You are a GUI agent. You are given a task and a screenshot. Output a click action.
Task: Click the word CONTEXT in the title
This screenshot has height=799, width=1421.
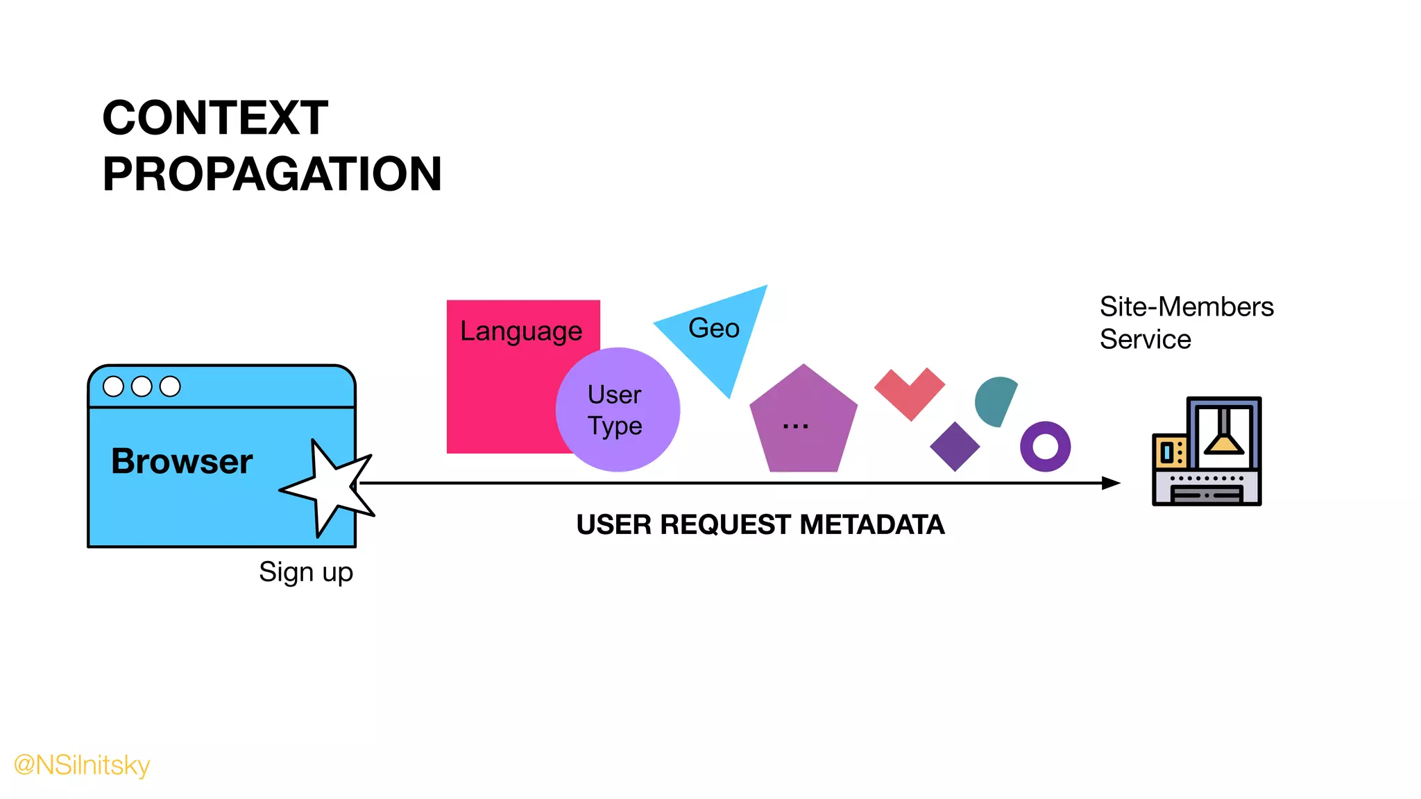pos(215,118)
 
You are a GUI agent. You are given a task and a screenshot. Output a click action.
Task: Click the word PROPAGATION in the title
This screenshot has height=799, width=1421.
pos(272,174)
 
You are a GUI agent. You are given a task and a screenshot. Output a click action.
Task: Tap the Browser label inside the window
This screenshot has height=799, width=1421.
pos(182,461)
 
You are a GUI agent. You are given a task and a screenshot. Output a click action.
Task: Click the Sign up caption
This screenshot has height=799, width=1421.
pos(306,572)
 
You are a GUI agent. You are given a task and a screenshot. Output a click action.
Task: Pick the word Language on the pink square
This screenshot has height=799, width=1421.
pos(521,332)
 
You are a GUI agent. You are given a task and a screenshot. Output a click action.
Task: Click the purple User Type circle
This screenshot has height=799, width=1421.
pos(617,410)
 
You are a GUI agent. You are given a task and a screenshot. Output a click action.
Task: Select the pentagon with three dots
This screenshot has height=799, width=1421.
pos(803,423)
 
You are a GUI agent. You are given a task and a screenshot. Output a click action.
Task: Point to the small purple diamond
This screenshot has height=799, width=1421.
pos(955,447)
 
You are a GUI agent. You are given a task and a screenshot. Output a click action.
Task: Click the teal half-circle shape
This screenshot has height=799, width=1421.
pos(994,402)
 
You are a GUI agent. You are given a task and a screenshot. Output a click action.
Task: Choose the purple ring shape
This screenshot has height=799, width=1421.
pos(1045,447)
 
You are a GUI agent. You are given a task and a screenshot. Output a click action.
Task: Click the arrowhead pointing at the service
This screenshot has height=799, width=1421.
pos(1111,483)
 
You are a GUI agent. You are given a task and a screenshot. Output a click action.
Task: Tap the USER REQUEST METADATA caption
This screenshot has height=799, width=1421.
pos(760,525)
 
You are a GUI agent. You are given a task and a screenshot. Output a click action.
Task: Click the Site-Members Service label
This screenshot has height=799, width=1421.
pos(1186,323)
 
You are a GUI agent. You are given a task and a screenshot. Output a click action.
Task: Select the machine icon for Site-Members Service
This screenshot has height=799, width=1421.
pos(1207,452)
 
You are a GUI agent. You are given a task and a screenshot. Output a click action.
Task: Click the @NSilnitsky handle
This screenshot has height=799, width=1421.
pos(82,765)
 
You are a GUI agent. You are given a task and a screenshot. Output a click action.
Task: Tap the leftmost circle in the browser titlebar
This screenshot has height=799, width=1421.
pos(113,386)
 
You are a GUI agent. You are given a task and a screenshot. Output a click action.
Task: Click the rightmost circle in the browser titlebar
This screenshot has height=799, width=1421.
pos(170,386)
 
